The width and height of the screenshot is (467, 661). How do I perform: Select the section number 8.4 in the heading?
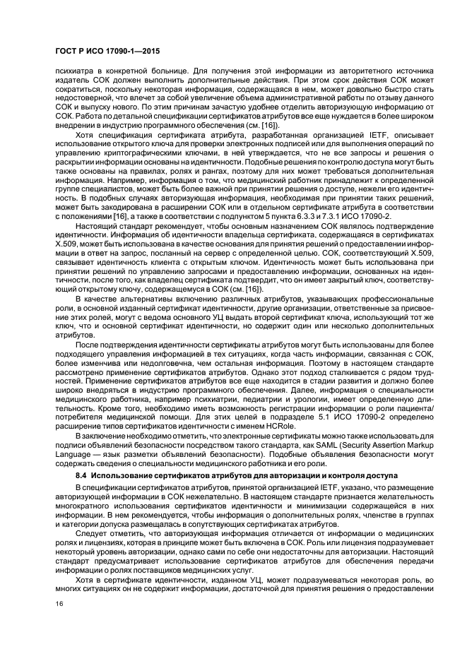coord(83,477)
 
